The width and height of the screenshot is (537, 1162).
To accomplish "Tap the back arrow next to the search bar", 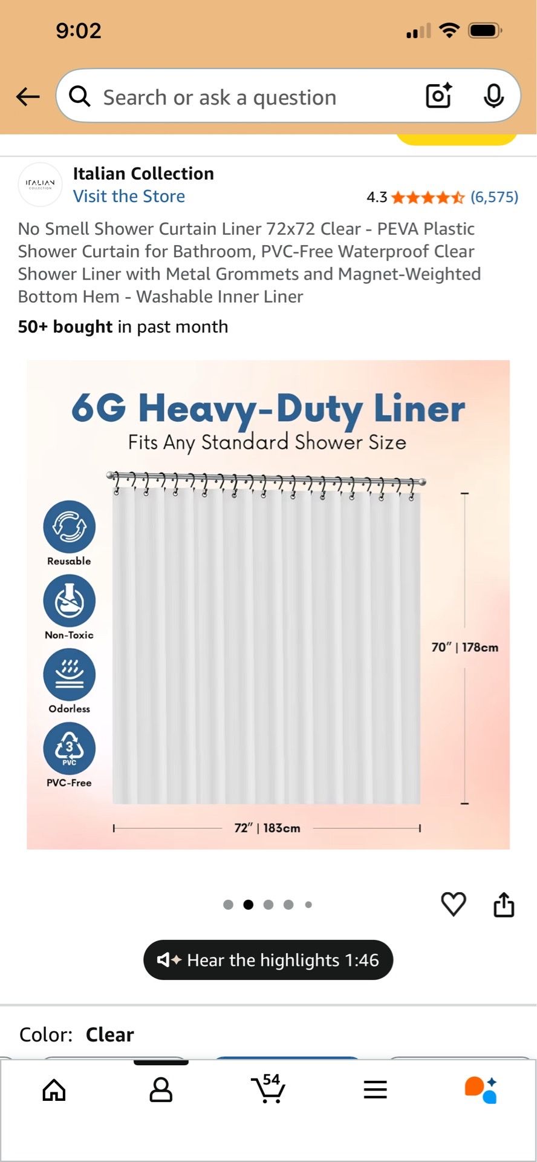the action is (28, 96).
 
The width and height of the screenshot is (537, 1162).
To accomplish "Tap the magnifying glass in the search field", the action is (79, 96).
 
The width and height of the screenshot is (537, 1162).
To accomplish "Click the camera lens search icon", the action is (439, 96).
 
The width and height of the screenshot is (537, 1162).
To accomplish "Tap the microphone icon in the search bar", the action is (494, 96).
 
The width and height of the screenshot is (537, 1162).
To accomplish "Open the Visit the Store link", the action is (129, 196).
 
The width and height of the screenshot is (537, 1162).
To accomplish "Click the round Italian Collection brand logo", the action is (41, 184).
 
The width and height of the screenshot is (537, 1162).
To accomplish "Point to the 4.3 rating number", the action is (377, 197).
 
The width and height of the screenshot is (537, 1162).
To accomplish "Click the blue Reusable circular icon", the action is (70, 527).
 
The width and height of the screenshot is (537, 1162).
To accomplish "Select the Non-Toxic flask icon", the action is (70, 600).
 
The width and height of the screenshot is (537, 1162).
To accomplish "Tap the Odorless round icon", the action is (70, 674).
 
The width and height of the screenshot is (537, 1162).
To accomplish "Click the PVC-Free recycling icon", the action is (70, 748).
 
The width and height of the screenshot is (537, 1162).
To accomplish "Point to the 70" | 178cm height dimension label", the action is (464, 647).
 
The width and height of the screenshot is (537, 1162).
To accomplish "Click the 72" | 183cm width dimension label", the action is (267, 827).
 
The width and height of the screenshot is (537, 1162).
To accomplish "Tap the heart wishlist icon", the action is (454, 904).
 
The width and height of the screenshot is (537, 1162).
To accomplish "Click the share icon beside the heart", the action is (504, 904).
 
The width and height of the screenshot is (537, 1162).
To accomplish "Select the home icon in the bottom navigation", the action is (54, 1089).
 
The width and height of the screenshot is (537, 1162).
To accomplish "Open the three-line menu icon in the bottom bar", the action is (375, 1089).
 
